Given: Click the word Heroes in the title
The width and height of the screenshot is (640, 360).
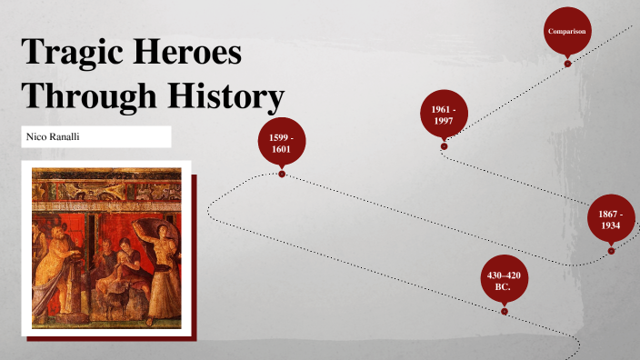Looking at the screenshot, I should tap(190, 51).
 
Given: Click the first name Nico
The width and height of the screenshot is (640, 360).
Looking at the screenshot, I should tap(38, 136).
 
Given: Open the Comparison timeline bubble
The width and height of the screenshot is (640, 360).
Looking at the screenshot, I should tap(567, 31).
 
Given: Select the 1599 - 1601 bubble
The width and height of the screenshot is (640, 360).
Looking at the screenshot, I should tap(282, 142).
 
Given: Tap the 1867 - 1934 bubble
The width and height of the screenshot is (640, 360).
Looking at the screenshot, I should tap(611, 219).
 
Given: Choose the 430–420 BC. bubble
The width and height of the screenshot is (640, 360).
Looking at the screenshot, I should tap(503, 280).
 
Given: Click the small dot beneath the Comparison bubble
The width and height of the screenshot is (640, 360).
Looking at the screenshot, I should tap(567, 64).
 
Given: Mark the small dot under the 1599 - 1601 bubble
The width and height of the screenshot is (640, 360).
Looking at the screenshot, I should tap(282, 174).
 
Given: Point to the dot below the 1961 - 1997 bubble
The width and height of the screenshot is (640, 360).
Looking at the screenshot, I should tap(444, 145).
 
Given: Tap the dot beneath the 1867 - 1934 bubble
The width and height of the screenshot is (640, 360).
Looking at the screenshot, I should tap(611, 250).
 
